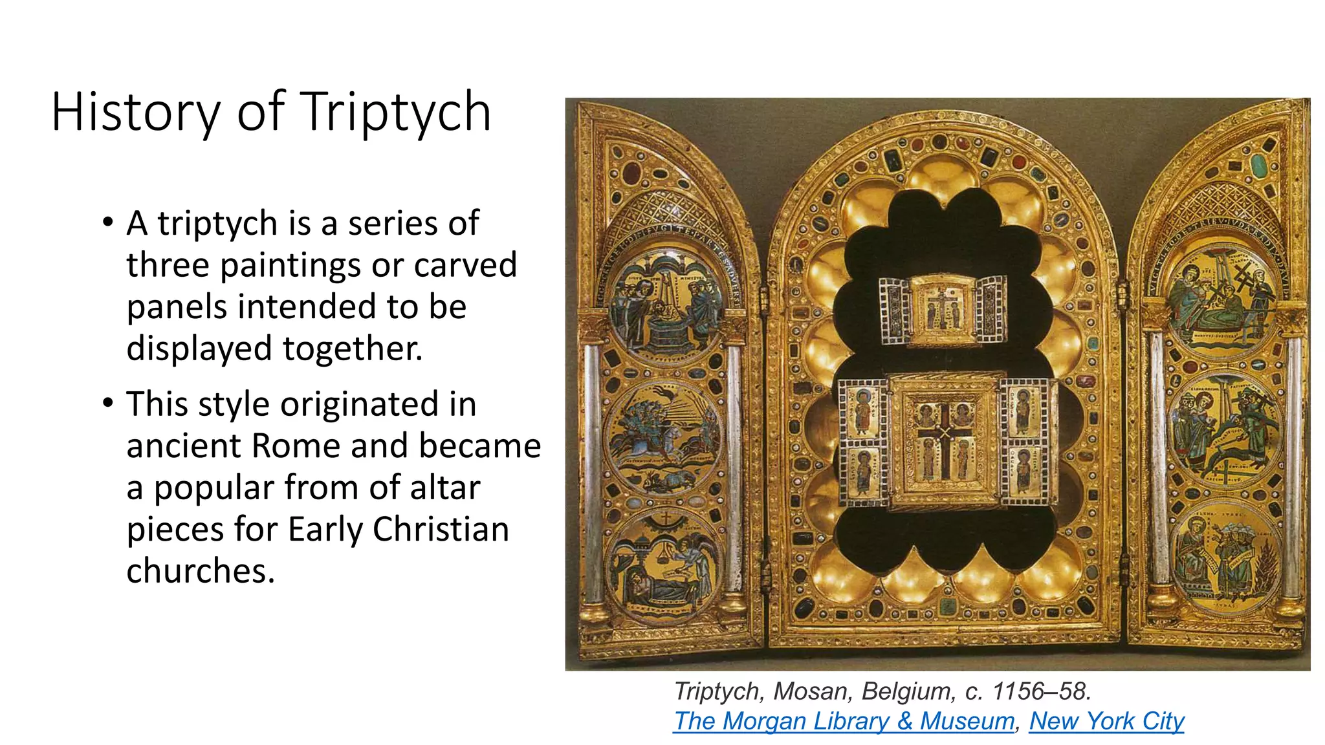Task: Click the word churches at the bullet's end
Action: tap(201, 571)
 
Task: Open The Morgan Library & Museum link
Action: tap(844, 720)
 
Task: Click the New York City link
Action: tap(1106, 720)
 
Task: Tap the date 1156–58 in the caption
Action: tap(1042, 691)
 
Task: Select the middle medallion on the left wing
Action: tap(665, 437)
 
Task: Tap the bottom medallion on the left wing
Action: tap(665, 568)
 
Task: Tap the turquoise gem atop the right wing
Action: tap(1258, 166)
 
